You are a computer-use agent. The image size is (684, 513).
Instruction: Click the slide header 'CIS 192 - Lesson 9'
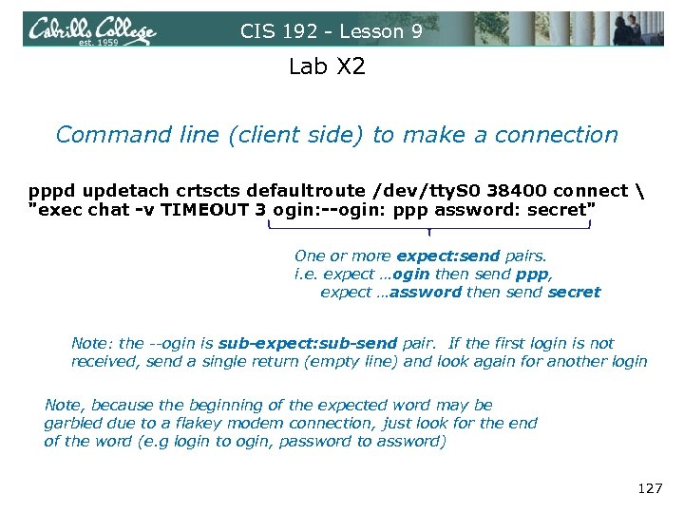click(x=331, y=31)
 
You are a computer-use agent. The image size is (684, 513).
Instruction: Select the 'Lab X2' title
click(x=327, y=67)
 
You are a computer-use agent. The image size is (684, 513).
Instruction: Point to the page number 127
click(x=650, y=488)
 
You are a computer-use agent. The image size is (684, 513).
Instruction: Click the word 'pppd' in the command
click(x=48, y=191)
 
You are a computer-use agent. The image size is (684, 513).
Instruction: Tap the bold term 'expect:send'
click(x=447, y=256)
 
